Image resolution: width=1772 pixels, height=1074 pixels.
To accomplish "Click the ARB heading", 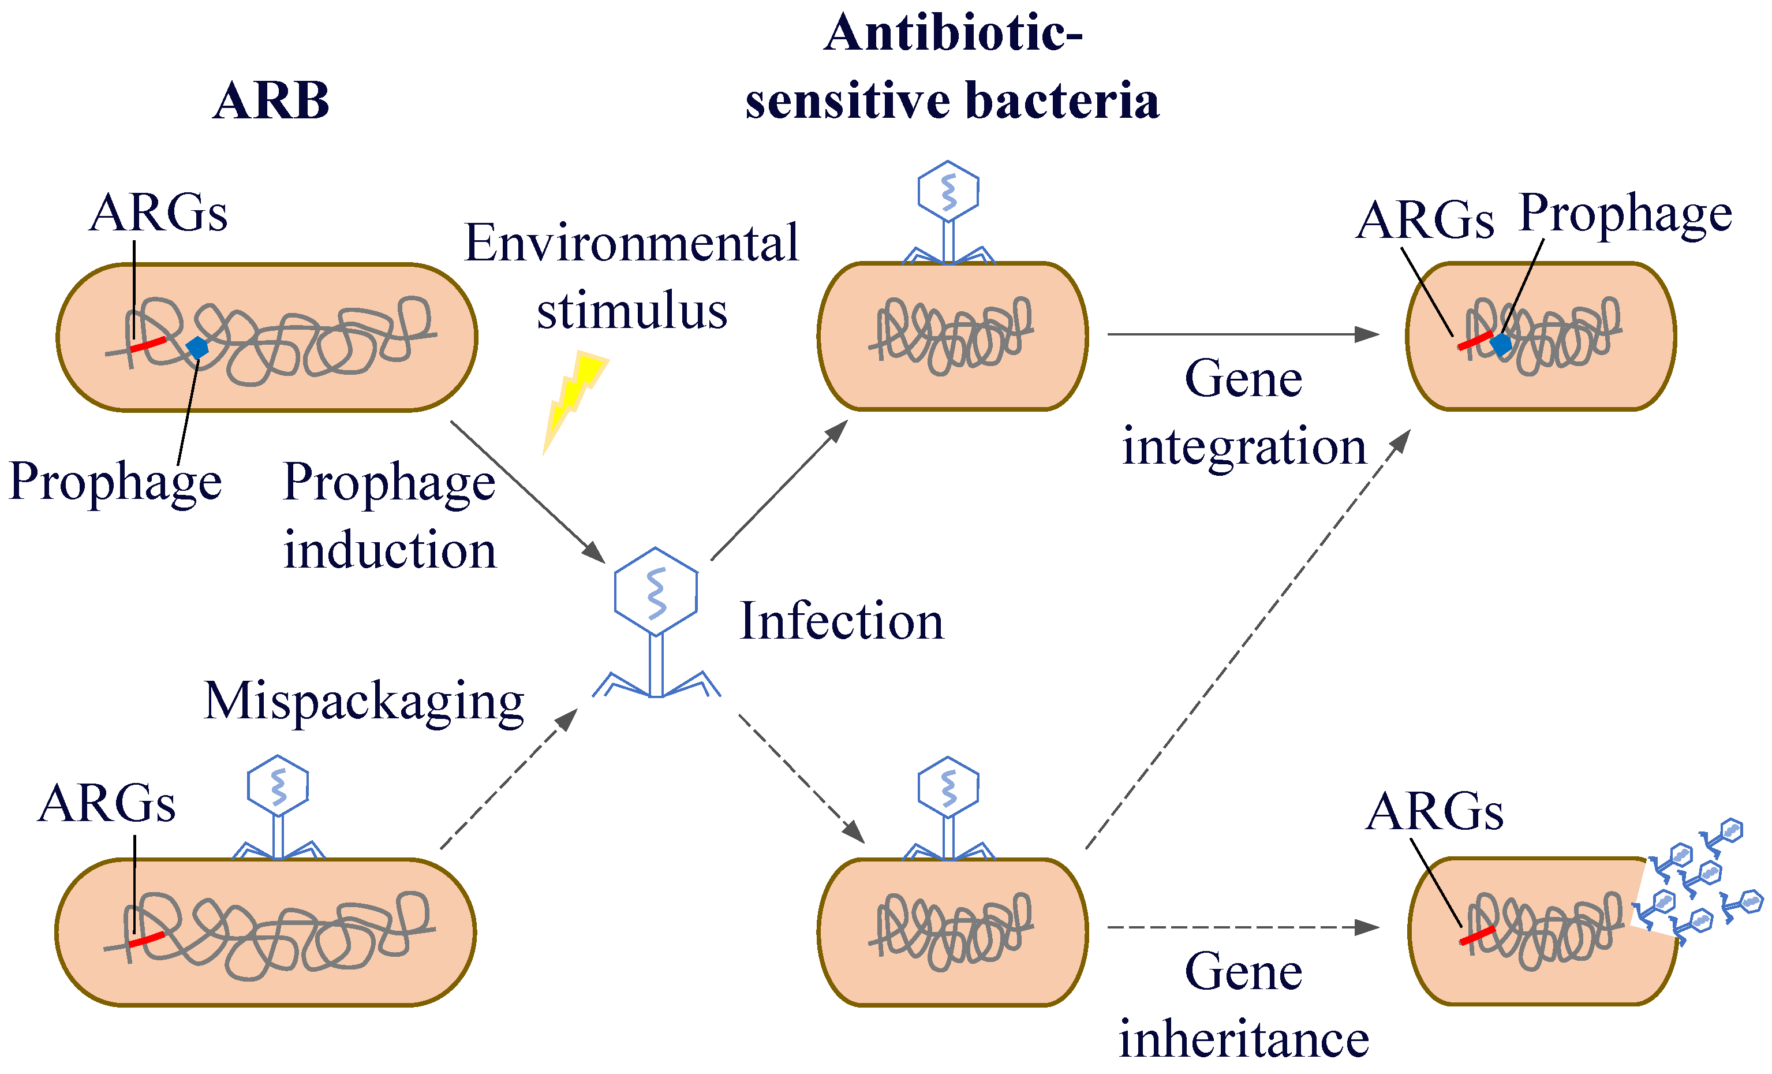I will (x=271, y=100).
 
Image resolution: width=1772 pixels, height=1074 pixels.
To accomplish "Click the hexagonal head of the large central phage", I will (x=655, y=591).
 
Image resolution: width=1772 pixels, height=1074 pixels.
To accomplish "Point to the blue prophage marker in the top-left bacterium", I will (x=196, y=348).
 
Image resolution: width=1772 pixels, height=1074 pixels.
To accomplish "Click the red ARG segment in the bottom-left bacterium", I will (x=147, y=939).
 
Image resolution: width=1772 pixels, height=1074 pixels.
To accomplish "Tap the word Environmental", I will (x=631, y=243).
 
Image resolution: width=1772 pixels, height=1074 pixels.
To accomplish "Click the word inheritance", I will (x=1243, y=1039).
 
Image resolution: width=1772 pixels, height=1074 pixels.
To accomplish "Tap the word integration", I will (x=1243, y=446).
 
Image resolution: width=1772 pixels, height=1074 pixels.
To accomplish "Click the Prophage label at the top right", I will (x=1625, y=214).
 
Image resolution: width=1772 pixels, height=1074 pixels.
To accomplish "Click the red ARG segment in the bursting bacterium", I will (x=1477, y=936).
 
